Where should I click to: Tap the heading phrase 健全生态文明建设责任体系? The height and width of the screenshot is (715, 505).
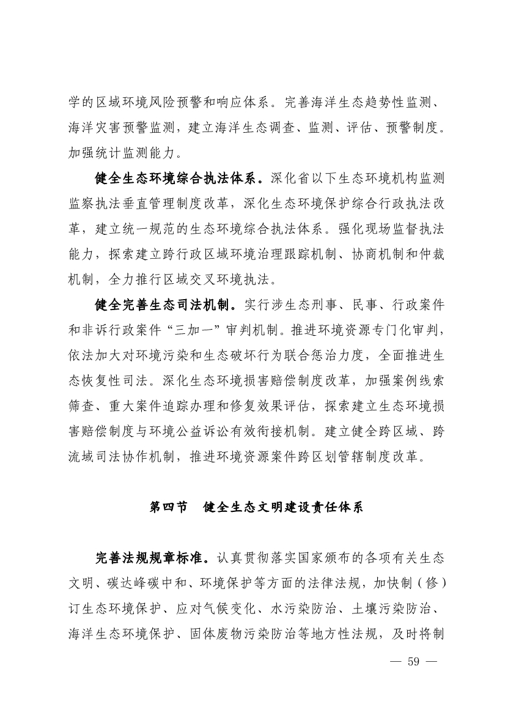click(x=284, y=508)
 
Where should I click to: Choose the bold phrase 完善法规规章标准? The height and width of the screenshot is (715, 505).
click(x=152, y=558)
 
